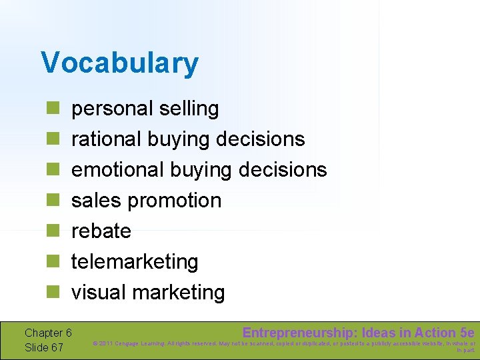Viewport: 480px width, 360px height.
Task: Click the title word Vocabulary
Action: pos(119,63)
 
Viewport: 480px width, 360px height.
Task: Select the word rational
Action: pos(106,139)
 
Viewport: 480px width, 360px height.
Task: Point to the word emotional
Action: pos(117,169)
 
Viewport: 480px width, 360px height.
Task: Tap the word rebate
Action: pos(101,231)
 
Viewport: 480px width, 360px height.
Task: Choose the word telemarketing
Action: pos(135,261)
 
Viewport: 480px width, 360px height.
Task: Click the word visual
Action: pos(99,292)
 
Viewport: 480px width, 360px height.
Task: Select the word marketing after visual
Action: pos(179,292)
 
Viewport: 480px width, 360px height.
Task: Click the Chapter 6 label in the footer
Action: pos(48,333)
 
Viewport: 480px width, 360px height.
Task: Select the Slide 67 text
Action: pos(44,347)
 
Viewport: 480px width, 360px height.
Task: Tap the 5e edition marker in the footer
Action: pos(467,333)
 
